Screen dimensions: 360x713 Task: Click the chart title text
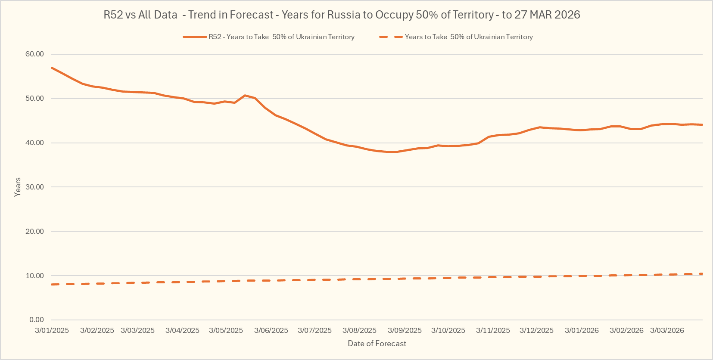(x=342, y=15)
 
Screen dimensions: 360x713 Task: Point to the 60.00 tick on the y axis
(x=35, y=54)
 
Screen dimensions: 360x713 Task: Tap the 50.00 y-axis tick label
(x=35, y=99)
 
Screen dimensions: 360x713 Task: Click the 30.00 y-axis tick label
(x=35, y=187)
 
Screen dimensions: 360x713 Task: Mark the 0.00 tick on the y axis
(x=37, y=320)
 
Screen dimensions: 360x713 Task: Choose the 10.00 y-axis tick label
(x=35, y=276)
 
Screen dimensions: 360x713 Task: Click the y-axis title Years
(x=18, y=187)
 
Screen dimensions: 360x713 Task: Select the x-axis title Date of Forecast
(x=377, y=344)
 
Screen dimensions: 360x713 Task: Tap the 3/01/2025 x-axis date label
(x=52, y=331)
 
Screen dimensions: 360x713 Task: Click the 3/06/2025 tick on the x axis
(x=271, y=331)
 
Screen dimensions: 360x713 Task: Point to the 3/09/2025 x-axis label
(x=405, y=331)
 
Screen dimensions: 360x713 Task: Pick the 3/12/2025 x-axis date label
(x=536, y=331)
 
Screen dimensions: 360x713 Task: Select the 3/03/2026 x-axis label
(x=667, y=331)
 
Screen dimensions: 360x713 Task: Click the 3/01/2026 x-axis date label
(x=582, y=331)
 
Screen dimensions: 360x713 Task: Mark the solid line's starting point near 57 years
(x=52, y=68)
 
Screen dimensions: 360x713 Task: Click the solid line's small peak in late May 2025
(x=245, y=95)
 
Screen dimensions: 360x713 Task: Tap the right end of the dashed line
(x=702, y=274)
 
